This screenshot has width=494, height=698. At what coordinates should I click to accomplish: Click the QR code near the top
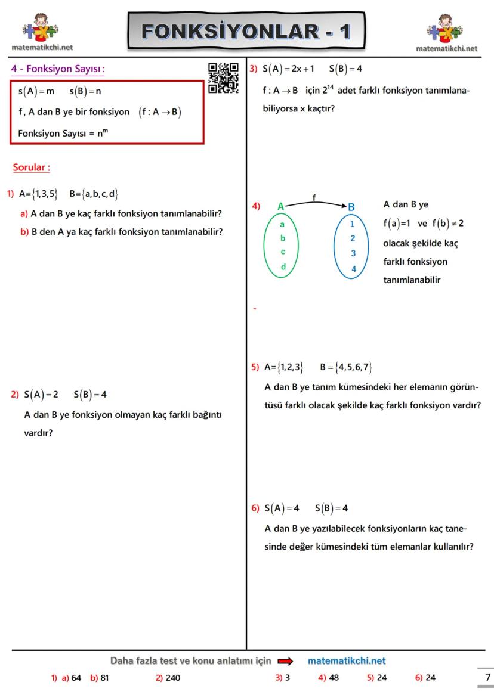223,78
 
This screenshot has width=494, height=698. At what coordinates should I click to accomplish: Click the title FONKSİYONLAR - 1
246,30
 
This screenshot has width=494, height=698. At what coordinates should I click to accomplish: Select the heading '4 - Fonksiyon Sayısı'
58,69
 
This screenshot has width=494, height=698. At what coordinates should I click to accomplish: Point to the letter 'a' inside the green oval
282,225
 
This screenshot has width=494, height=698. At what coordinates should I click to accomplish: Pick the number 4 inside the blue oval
353,269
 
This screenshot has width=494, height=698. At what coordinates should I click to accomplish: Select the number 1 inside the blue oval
353,224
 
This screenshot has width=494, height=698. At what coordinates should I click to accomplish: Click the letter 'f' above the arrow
314,197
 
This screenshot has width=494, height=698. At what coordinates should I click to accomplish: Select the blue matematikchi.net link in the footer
347,661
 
